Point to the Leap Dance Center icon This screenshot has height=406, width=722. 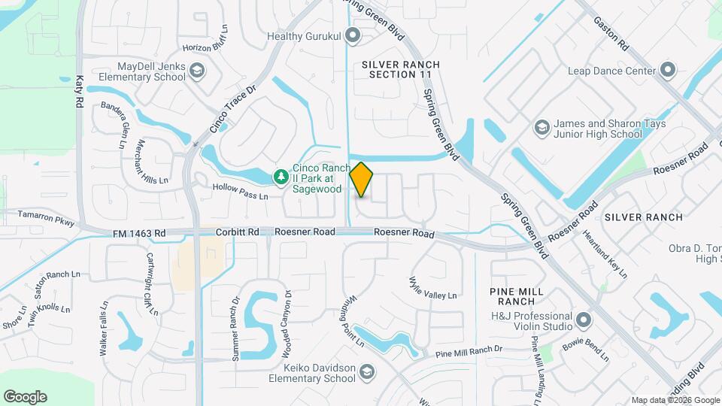(x=668, y=71)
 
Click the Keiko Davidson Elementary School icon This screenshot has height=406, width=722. (x=366, y=372)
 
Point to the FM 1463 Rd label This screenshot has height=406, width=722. (x=139, y=234)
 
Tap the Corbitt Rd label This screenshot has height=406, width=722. (x=238, y=233)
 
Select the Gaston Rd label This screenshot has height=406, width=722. (x=610, y=35)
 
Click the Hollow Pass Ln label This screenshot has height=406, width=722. (x=240, y=191)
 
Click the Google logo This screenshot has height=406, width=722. (x=25, y=397)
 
